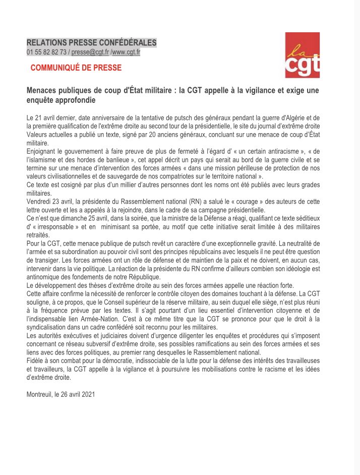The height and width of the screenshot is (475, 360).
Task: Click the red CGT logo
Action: coord(302,55)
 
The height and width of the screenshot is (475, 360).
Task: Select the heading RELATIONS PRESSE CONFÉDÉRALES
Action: coord(91,43)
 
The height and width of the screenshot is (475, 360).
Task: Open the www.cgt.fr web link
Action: coord(126,52)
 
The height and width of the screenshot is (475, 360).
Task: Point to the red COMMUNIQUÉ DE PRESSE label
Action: coord(76,68)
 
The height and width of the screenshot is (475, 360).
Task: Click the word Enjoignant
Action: coord(43,152)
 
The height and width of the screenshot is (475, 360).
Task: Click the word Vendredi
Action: coord(40,202)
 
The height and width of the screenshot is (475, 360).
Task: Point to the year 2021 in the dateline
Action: coord(87,395)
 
